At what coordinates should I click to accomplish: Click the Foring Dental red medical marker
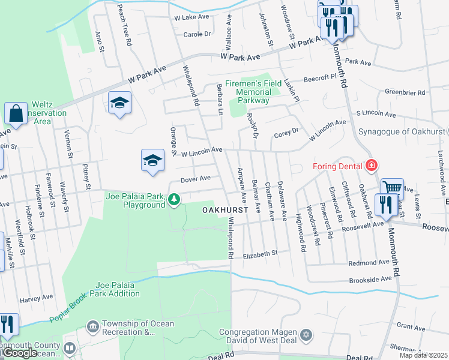point(372,165)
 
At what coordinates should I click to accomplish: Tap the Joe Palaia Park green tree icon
point(174,199)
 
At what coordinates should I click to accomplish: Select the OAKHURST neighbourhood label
point(225,210)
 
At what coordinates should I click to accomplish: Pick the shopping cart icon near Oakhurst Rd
point(391,188)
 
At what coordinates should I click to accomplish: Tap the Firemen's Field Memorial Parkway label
point(253,92)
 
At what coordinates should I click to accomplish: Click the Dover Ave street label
point(196,178)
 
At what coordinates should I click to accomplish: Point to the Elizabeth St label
point(261,255)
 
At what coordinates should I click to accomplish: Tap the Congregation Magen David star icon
point(306,333)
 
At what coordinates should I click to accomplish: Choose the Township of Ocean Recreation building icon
point(93,326)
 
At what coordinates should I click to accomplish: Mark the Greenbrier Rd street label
point(405,93)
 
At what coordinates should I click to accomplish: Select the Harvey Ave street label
point(36,298)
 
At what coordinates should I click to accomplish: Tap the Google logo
point(20,353)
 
